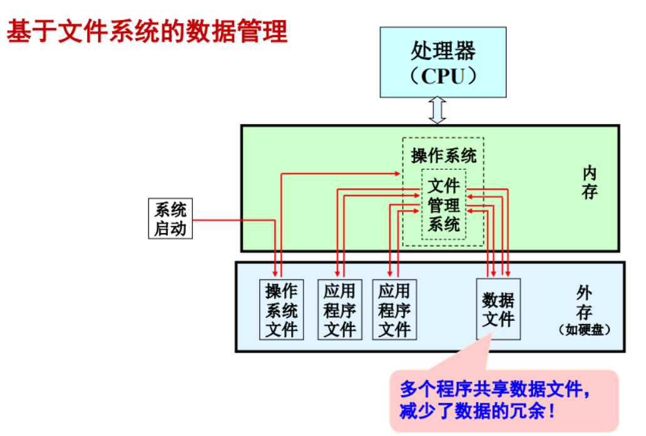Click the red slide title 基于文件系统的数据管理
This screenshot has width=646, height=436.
tap(147, 31)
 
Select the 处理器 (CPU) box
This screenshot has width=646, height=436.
tap(443, 63)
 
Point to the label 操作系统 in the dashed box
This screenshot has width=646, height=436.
tap(443, 155)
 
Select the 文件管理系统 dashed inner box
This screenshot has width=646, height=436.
tap(444, 204)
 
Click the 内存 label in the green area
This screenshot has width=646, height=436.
tap(589, 183)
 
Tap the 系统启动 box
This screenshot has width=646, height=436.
tap(170, 218)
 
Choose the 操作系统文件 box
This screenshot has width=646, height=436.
tap(281, 309)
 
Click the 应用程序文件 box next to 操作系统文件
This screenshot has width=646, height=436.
tap(339, 309)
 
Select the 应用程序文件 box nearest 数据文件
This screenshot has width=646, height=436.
tap(394, 309)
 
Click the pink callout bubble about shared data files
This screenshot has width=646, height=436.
tap(504, 401)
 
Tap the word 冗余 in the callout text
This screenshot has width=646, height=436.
tap(533, 412)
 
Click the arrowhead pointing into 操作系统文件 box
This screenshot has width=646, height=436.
tap(275, 274)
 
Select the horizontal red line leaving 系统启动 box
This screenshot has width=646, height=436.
tap(232, 220)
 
